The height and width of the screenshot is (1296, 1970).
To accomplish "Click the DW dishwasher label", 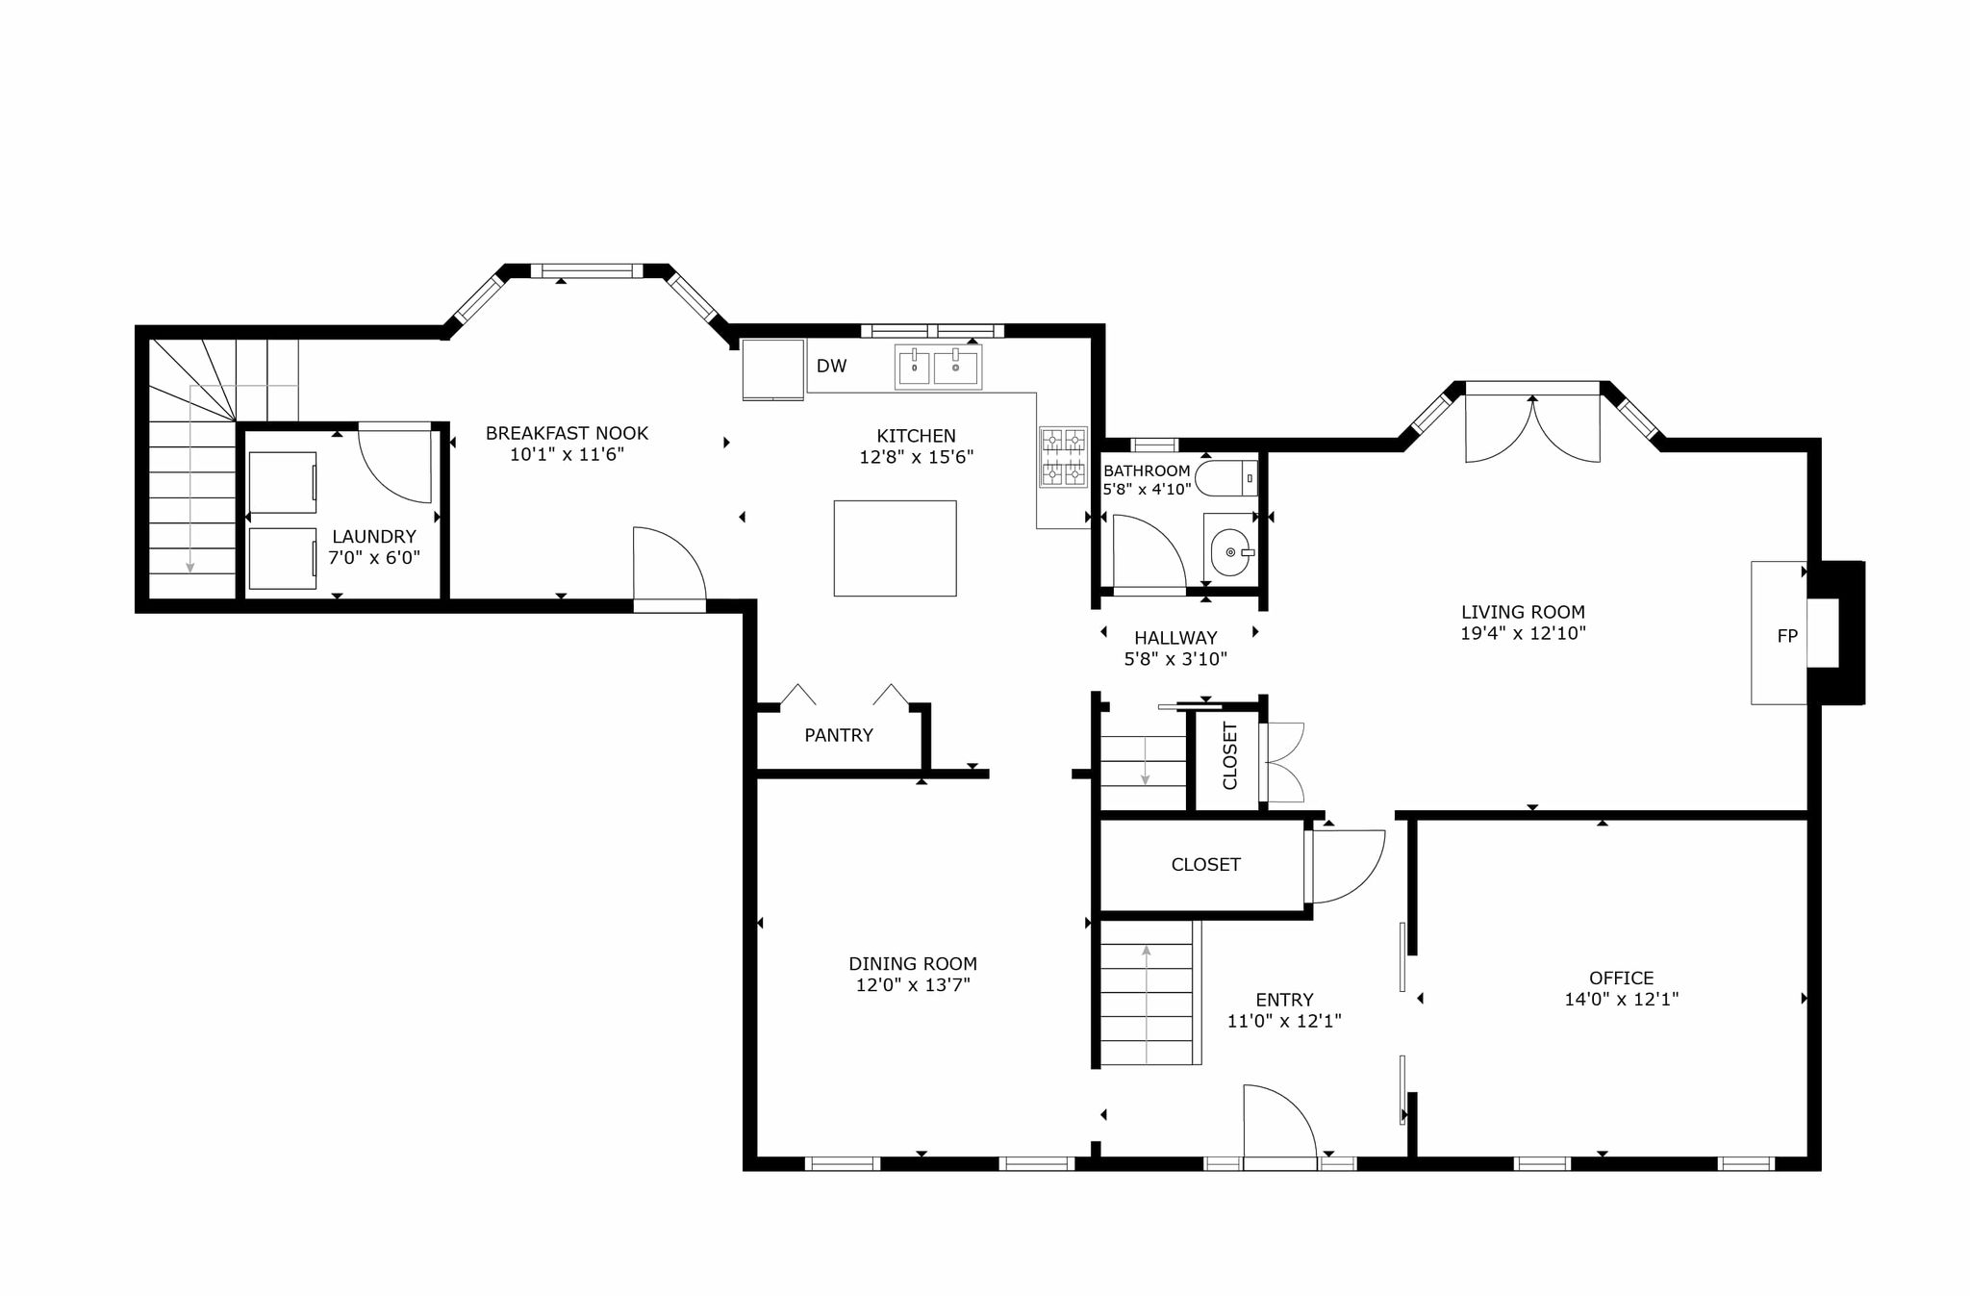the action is point(831,367).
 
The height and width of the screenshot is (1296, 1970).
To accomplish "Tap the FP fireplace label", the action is point(1787,636).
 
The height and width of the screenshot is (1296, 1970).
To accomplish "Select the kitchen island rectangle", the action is point(895,548).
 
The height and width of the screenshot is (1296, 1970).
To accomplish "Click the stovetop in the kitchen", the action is point(1063,457).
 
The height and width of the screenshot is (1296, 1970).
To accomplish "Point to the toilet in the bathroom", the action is point(1225,478).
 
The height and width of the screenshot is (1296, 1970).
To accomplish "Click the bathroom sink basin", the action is point(1230,552).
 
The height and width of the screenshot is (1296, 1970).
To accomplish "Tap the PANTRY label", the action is point(839,735).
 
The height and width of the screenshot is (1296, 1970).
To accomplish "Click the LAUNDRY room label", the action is point(374,537).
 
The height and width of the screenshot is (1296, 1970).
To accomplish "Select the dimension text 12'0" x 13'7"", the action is point(913,985).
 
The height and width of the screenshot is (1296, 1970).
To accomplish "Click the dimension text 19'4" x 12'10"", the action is point(1523,633).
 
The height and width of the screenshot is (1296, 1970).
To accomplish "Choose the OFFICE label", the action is point(1622,978).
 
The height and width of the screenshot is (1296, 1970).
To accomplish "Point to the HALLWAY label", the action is point(1175,638).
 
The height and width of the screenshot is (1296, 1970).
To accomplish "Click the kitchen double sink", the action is point(938,367).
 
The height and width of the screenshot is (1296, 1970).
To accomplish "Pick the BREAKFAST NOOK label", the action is point(567,434).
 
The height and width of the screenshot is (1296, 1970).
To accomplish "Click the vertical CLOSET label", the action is point(1229,755).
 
